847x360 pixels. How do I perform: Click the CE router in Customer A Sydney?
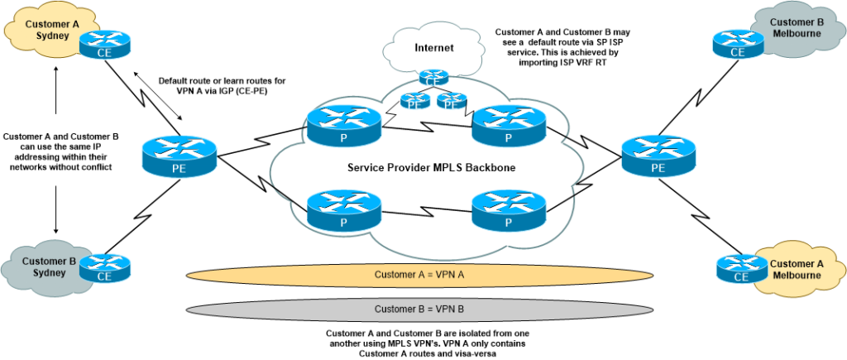pos(105,44)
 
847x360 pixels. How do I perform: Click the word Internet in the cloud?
pos(435,48)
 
